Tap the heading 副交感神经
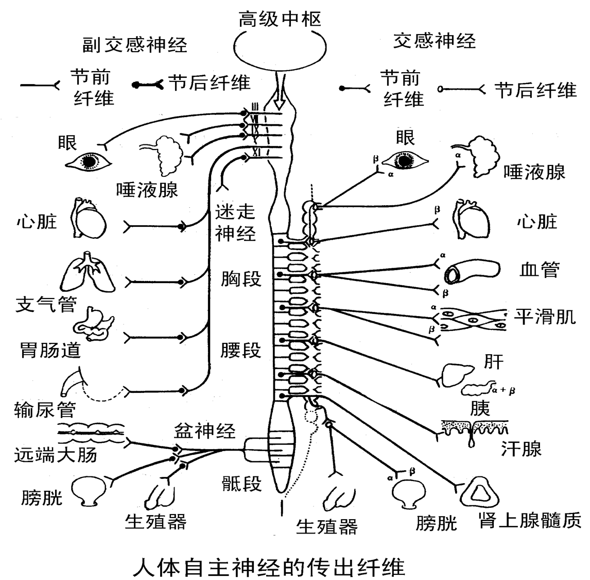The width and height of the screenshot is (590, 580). (135, 45)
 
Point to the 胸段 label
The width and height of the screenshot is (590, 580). (241, 278)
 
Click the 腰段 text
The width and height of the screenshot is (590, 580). (241, 350)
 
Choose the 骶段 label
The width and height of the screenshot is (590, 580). (241, 483)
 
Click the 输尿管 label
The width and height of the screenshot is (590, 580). (46, 409)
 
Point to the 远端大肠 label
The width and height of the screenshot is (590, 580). (55, 454)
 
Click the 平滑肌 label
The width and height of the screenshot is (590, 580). (545, 317)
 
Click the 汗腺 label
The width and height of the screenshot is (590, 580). (521, 449)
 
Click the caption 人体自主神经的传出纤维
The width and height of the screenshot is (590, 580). (269, 567)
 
